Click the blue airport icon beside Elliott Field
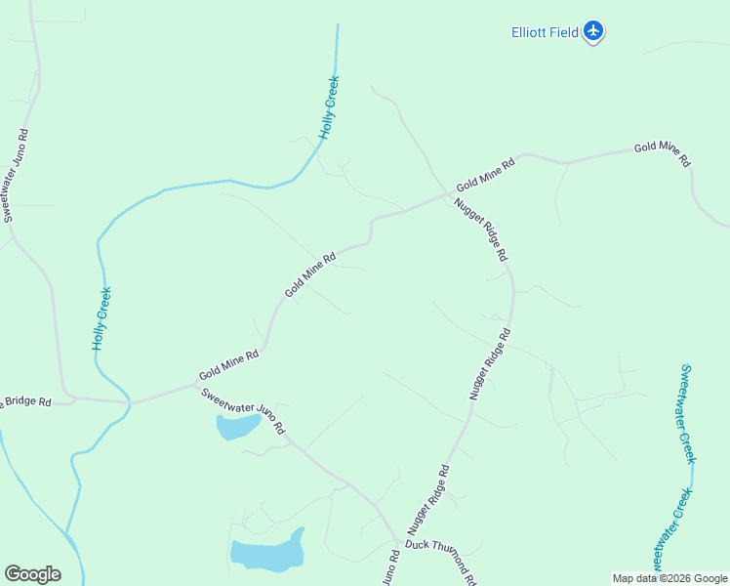click(593, 31)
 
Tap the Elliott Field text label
click(546, 32)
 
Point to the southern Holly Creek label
click(101, 318)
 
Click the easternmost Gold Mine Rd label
click(663, 152)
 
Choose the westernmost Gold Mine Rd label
click(228, 365)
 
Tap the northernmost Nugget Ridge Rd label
click(482, 230)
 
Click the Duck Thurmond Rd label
click(441, 560)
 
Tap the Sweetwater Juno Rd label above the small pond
click(243, 411)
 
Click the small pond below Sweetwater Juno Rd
click(237, 426)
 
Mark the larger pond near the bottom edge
click(267, 553)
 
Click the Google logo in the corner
click(32, 574)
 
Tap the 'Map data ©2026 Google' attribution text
click(669, 578)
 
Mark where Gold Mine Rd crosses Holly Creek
click(130, 402)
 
